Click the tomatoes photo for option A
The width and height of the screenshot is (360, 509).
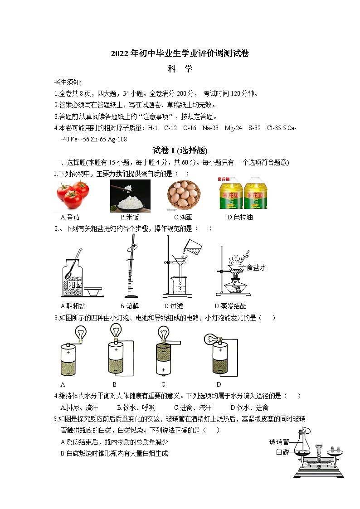tap(73, 194)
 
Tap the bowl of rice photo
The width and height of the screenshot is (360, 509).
tap(130, 195)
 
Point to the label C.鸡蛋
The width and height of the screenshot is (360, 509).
tap(183, 217)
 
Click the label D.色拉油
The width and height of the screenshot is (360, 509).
tap(240, 217)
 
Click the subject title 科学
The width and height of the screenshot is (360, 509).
tap(180, 69)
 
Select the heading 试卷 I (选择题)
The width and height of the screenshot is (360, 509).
tap(180, 150)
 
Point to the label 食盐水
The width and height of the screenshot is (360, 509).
tap(256, 268)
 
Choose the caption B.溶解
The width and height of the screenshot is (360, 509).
tap(129, 306)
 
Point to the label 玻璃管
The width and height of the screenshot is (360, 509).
tap(279, 442)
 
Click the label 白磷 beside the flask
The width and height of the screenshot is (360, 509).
tap(282, 452)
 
